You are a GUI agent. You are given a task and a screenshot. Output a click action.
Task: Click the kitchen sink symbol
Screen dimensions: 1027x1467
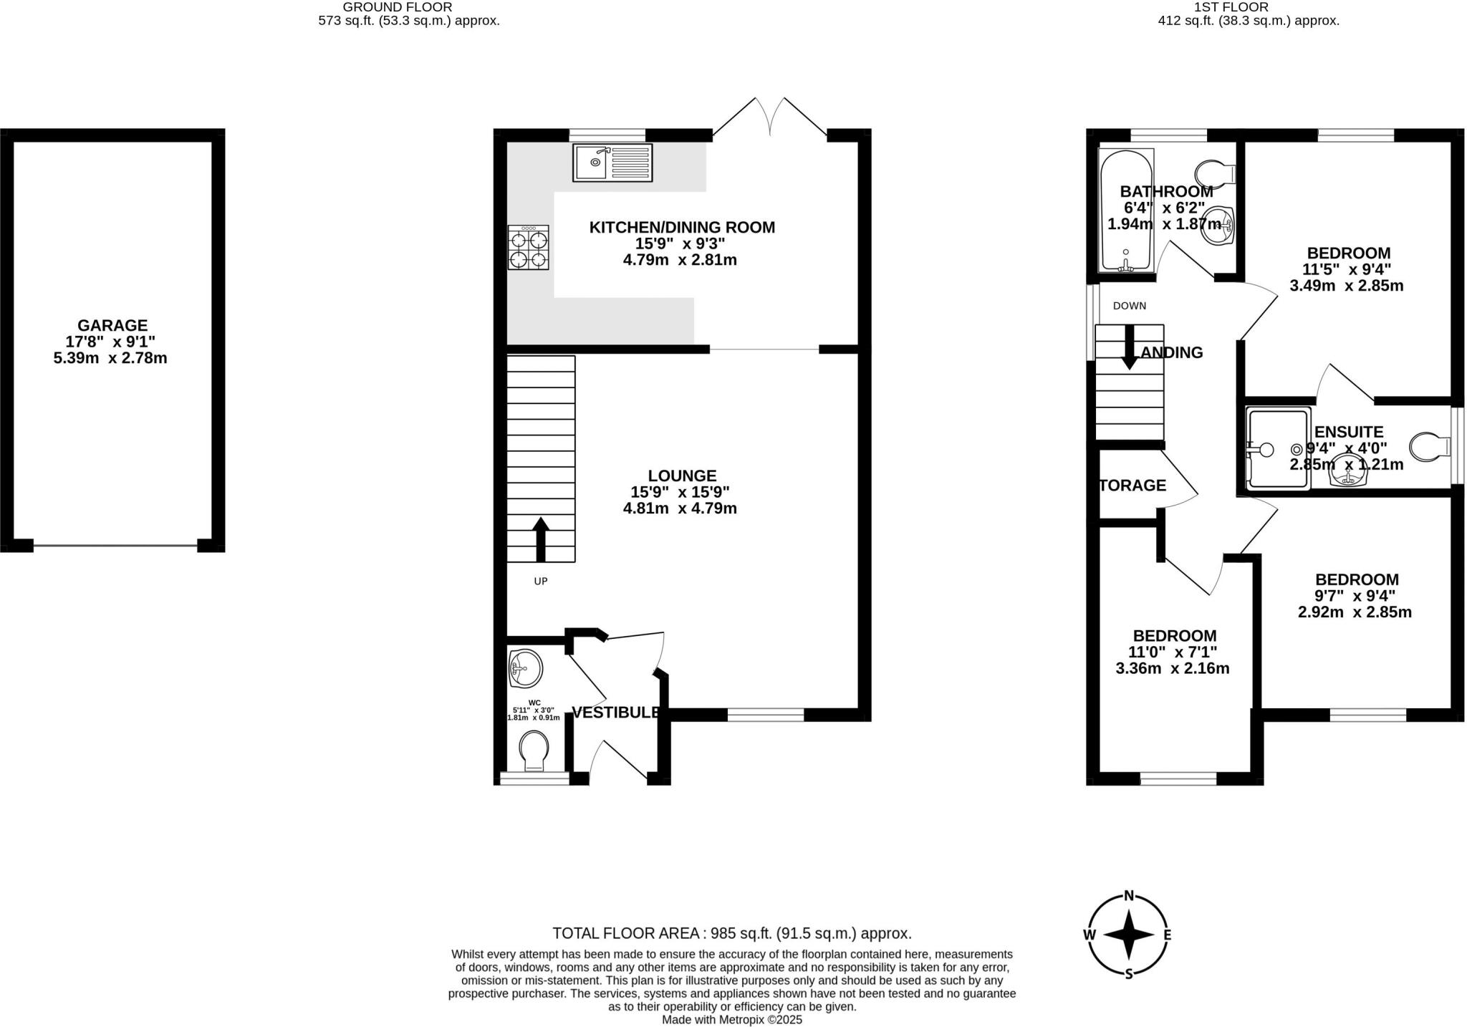click(x=612, y=163)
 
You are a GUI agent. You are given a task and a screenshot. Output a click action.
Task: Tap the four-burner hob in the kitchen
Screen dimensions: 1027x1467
click(x=529, y=247)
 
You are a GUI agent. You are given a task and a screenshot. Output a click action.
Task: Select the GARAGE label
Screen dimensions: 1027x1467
click(x=112, y=325)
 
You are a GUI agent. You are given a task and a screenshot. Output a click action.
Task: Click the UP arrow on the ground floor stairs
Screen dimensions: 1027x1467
click(x=541, y=539)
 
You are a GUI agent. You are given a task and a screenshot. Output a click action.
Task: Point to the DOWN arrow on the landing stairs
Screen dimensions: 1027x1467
click(x=1130, y=347)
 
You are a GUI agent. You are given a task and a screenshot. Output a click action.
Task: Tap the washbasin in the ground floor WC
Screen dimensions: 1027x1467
click(x=525, y=669)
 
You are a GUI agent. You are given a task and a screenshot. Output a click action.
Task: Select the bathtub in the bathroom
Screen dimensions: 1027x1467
click(x=1125, y=211)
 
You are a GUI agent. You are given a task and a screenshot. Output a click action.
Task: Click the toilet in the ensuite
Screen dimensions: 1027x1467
click(x=1428, y=448)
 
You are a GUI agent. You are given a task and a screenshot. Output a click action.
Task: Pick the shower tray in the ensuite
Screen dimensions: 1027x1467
click(x=1278, y=449)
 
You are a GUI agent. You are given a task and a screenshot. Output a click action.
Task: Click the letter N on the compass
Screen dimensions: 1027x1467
click(x=1129, y=895)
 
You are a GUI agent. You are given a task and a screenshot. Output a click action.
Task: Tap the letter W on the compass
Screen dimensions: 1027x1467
click(x=1089, y=935)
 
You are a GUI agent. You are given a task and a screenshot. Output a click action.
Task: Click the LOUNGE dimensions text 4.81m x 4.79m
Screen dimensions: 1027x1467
click(x=680, y=508)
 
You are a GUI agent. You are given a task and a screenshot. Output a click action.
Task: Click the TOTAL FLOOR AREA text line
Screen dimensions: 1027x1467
click(x=731, y=933)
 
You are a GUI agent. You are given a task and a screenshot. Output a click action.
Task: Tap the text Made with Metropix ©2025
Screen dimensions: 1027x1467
click(x=731, y=1019)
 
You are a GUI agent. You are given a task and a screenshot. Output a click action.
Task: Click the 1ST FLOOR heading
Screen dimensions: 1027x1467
click(x=1248, y=7)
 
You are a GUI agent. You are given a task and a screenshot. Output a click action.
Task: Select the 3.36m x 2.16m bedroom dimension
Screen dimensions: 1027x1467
click(x=1173, y=669)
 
